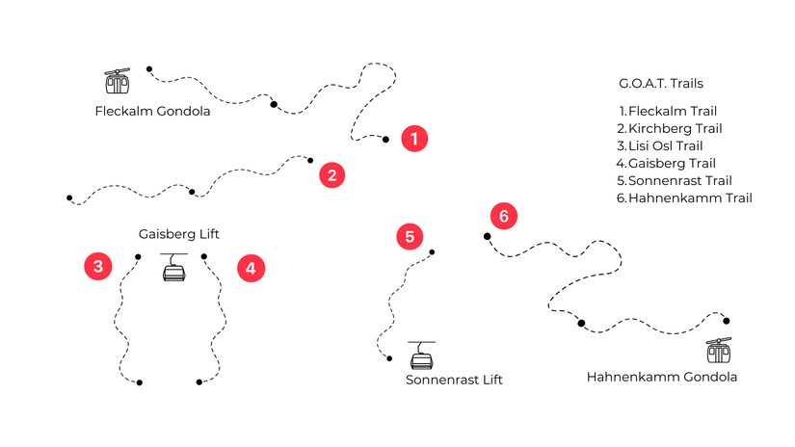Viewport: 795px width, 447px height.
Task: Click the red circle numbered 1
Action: (x=414, y=139)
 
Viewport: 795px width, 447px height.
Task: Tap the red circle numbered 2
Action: (x=332, y=175)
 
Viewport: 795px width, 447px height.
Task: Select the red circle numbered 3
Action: (x=98, y=267)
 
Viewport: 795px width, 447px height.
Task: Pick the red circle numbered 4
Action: (x=251, y=268)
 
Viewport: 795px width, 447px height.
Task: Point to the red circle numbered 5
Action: (x=410, y=237)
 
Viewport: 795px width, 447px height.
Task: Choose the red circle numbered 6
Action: (x=504, y=216)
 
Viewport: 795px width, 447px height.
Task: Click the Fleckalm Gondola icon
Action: (x=118, y=81)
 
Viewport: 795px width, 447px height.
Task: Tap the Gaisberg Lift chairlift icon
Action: (x=173, y=267)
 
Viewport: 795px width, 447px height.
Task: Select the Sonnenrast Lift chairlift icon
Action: (x=422, y=355)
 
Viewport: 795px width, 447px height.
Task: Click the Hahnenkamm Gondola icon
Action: (x=719, y=351)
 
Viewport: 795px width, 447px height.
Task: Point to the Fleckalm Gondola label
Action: (x=152, y=111)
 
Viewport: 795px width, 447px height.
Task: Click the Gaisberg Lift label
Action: (x=179, y=234)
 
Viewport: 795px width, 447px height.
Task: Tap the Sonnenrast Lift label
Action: (x=454, y=380)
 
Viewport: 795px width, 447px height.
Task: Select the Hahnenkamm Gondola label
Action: (x=662, y=377)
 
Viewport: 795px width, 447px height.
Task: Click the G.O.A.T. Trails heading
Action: (x=661, y=83)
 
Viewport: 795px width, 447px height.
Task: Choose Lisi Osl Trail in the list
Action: (x=660, y=146)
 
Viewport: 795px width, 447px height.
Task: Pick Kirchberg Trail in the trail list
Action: (x=670, y=128)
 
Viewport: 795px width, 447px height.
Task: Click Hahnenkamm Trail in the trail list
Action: (x=684, y=198)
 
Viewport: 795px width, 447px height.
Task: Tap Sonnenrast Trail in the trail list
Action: (x=675, y=180)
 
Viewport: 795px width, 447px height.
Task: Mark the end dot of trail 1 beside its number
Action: (x=385, y=140)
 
